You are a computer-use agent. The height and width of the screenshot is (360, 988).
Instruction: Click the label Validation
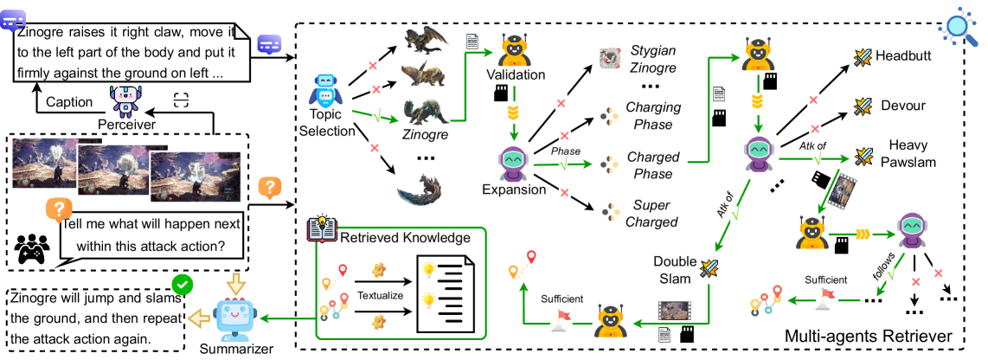coord(515,74)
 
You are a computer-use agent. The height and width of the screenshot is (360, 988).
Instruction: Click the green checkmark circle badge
coord(183,285)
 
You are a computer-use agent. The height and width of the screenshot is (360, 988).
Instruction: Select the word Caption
coord(69,102)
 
